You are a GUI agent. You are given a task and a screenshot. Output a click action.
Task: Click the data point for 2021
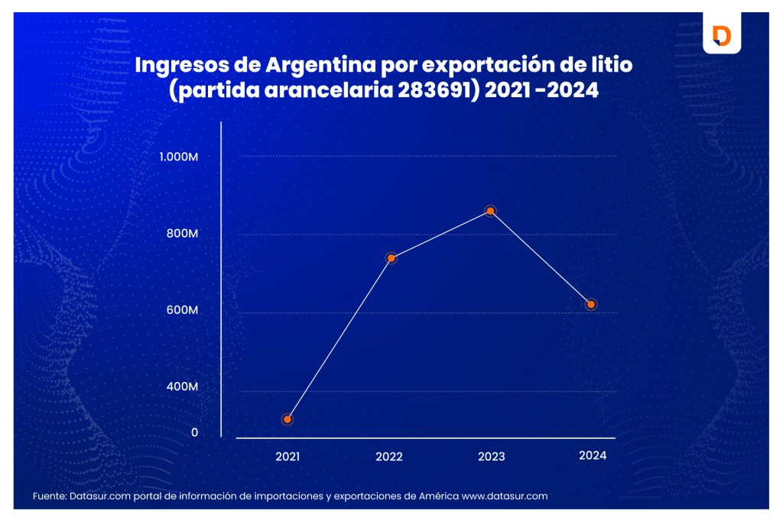[288, 419]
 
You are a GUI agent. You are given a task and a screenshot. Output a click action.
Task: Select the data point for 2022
[391, 258]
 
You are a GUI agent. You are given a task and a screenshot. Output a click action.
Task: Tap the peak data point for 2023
[491, 211]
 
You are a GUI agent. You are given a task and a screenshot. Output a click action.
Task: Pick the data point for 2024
[591, 305]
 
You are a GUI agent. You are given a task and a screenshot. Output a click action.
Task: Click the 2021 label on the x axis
[288, 456]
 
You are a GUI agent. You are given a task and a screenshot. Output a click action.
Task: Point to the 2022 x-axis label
[389, 457]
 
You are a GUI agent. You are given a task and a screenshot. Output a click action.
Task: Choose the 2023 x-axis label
[491, 457]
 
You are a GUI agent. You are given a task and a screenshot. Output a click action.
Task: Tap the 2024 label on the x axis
[593, 456]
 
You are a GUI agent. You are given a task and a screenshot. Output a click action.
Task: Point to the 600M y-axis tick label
[183, 310]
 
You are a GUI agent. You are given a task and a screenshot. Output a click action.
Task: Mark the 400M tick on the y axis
[183, 387]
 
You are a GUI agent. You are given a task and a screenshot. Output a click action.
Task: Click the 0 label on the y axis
[194, 433]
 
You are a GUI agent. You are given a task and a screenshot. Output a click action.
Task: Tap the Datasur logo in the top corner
[721, 35]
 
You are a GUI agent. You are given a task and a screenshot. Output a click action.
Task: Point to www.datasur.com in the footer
[505, 496]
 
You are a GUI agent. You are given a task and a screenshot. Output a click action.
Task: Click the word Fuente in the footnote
[48, 496]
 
